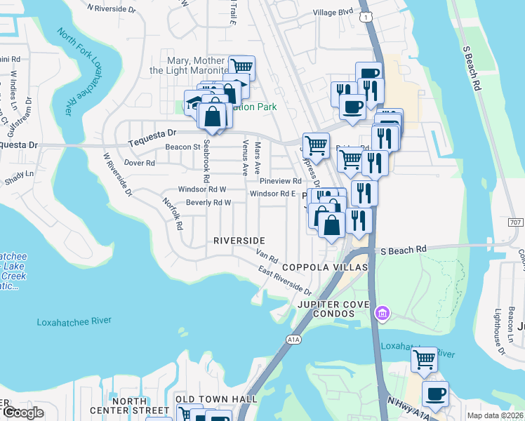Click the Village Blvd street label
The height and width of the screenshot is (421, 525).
click(333, 12)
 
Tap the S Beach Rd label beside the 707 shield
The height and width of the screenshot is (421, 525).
click(404, 249)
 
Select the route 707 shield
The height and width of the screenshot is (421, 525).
click(516, 222)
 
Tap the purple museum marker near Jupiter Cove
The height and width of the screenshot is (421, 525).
click(382, 312)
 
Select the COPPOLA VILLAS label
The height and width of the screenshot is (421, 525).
click(325, 267)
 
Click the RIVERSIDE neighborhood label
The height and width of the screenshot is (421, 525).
click(239, 241)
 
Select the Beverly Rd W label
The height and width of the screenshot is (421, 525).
click(208, 203)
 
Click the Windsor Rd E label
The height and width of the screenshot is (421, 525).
click(271, 194)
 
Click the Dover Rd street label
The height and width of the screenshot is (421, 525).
click(139, 162)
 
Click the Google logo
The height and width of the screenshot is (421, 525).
click(23, 412)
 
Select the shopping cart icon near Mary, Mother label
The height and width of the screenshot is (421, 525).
click(241, 67)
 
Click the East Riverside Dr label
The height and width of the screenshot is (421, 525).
click(284, 281)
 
